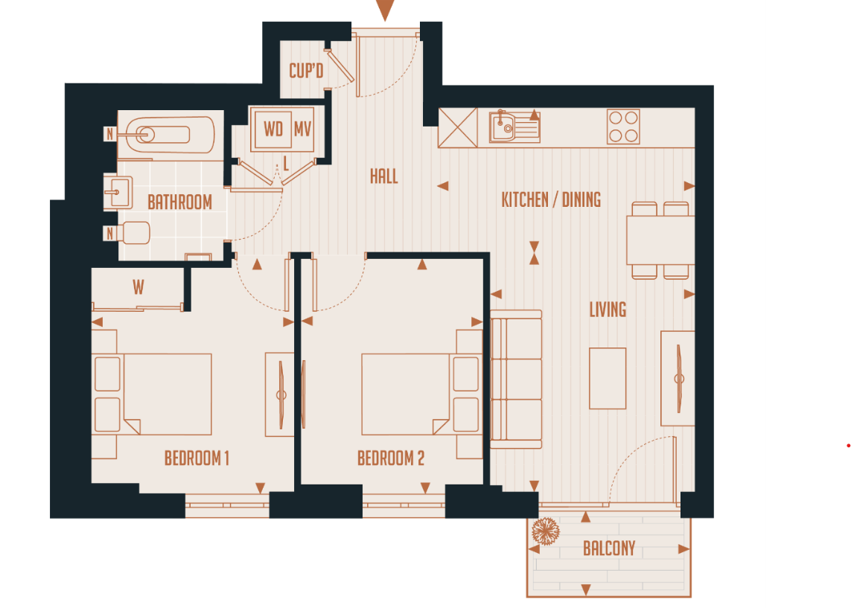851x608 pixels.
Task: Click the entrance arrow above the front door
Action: (384, 10)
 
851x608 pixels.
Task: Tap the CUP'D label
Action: (306, 71)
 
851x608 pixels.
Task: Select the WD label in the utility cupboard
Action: (273, 129)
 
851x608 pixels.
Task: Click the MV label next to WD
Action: (302, 129)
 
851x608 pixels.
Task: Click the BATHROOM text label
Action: (179, 202)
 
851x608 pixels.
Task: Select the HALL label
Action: (383, 176)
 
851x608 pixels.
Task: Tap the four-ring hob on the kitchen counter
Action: (623, 127)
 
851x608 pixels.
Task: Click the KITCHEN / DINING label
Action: (551, 199)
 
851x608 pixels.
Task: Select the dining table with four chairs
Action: (660, 240)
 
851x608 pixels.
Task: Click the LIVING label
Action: (608, 309)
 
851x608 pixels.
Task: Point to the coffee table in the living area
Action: (608, 378)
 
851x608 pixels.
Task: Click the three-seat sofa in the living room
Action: (516, 379)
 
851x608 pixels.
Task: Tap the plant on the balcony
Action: (546, 531)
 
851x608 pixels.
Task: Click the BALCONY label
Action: (609, 549)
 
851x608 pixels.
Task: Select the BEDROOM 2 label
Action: (391, 458)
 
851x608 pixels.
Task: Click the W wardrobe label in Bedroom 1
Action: (138, 287)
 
